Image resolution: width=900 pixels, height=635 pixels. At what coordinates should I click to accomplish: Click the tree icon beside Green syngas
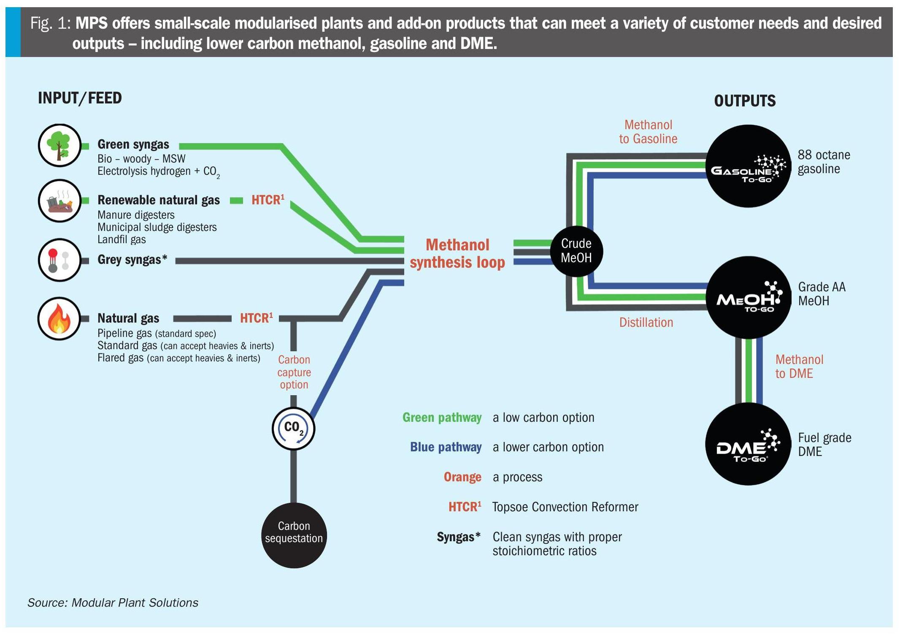[59, 145]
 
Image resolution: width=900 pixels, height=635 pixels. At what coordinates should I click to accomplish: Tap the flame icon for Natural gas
[59, 318]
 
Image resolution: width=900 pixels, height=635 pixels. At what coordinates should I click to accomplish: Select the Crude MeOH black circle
[576, 251]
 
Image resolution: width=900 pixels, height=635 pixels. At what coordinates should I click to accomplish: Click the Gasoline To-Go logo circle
[748, 166]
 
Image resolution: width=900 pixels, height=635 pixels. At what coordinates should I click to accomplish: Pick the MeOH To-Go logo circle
[748, 297]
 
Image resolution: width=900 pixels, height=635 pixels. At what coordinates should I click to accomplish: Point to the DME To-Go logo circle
[748, 444]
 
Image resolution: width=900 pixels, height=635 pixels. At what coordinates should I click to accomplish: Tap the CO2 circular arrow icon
[293, 428]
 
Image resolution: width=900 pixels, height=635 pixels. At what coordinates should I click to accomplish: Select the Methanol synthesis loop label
[457, 253]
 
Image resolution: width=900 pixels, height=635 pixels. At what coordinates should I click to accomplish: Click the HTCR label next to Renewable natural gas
[268, 200]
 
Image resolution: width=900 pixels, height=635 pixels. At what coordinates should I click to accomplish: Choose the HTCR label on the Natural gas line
[256, 318]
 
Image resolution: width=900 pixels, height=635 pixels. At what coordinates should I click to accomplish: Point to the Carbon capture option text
[294, 372]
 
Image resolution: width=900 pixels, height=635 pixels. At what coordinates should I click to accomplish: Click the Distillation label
[646, 323]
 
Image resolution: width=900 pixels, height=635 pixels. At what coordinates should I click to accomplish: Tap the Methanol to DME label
[799, 366]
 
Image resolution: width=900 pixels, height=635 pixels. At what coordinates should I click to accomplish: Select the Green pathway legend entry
[442, 418]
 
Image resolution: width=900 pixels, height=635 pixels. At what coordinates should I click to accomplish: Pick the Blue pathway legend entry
[446, 447]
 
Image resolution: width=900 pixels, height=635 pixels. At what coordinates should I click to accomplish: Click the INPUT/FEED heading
[80, 98]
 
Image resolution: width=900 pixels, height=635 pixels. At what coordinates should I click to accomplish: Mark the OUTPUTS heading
[745, 101]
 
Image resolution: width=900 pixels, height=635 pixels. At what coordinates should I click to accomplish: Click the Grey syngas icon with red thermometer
[59, 260]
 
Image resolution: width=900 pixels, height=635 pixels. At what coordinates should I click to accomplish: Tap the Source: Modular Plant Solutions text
[113, 602]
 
